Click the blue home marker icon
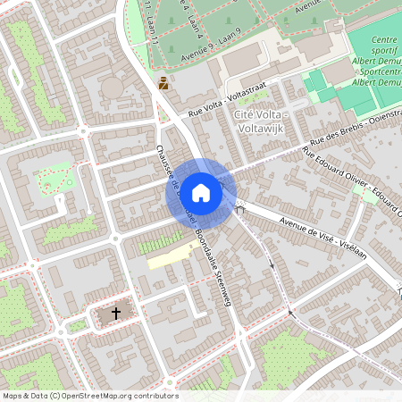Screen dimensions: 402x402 point(201,192)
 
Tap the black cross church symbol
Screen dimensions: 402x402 point(115,314)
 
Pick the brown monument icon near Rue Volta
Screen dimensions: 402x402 point(163,84)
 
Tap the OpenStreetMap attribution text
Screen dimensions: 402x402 point(90,395)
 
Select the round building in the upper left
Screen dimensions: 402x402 point(113,88)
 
